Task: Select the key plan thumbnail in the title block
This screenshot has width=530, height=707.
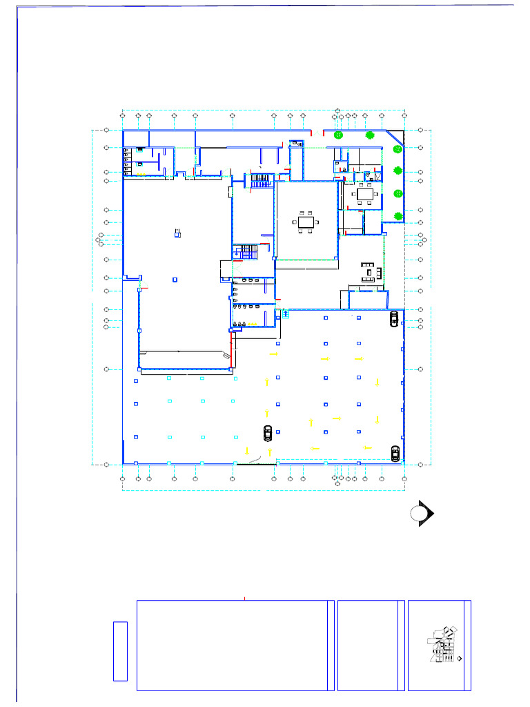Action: pyautogui.click(x=442, y=646)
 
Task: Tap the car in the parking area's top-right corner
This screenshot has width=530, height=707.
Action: pyautogui.click(x=394, y=318)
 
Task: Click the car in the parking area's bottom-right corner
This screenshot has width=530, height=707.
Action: pyautogui.click(x=395, y=453)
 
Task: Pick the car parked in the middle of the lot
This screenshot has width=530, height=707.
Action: pyautogui.click(x=268, y=433)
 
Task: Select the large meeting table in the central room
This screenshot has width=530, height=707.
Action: pyautogui.click(x=306, y=222)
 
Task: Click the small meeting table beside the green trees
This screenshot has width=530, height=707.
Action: pyautogui.click(x=365, y=194)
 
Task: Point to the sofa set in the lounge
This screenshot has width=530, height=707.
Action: pyautogui.click(x=370, y=271)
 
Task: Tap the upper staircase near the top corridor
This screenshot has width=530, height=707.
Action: pyautogui.click(x=260, y=180)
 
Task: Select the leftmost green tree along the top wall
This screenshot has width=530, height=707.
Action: pyautogui.click(x=338, y=135)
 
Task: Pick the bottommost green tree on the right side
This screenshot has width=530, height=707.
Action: pyautogui.click(x=398, y=217)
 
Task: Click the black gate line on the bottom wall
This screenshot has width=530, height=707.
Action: pyautogui.click(x=256, y=465)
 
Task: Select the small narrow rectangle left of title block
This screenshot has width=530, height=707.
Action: pyautogui.click(x=120, y=650)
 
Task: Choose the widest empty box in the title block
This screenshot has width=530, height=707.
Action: pyautogui.click(x=232, y=645)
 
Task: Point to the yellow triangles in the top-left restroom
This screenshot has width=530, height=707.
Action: pyautogui.click(x=126, y=160)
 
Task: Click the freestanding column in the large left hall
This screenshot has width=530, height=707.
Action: pyautogui.click(x=177, y=233)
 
